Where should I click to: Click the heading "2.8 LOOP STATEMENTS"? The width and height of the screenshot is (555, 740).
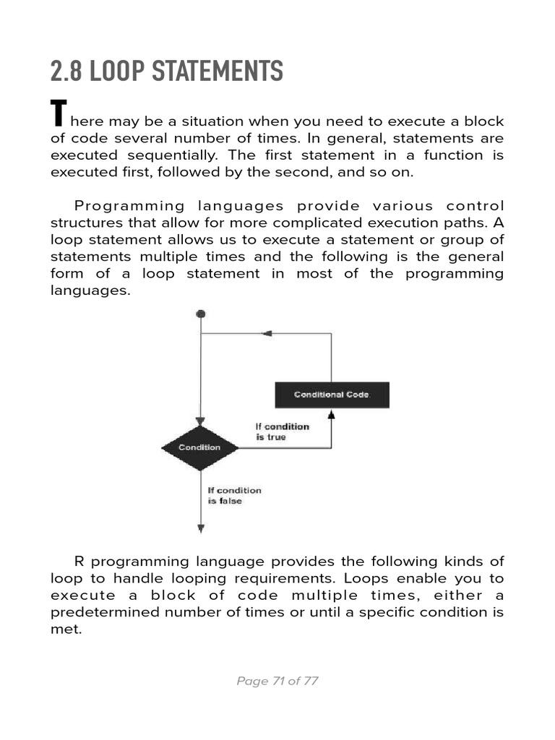166,72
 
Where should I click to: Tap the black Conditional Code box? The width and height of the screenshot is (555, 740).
332,395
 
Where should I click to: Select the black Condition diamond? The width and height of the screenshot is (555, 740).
200,447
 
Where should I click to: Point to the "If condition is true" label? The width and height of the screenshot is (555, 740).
282,431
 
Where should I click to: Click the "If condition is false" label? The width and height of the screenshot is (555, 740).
234,495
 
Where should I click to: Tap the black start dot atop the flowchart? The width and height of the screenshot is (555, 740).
201,314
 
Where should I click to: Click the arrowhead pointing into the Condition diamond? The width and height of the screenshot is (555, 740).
201,421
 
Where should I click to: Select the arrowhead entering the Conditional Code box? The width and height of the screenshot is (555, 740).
332,415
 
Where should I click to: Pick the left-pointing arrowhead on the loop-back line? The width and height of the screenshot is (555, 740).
266,334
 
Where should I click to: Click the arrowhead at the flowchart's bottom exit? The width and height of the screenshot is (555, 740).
201,529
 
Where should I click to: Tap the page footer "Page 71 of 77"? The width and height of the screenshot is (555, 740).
277,681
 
